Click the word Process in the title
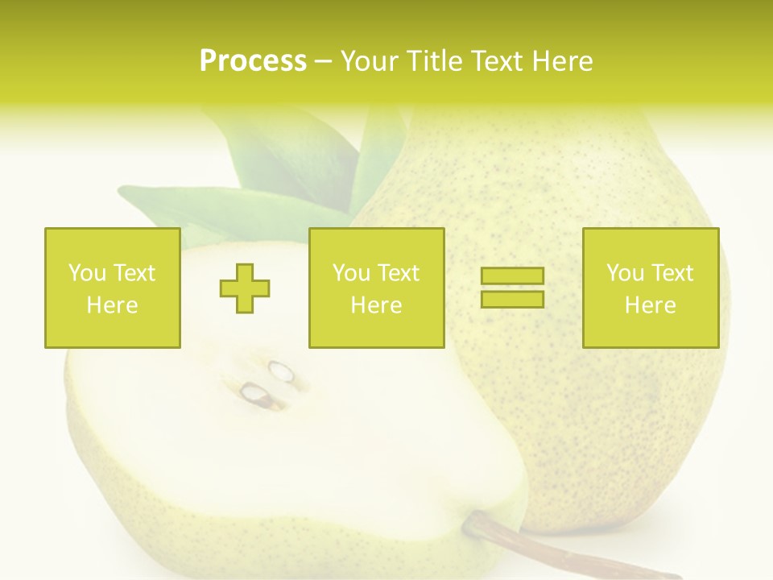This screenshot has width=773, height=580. (253, 61)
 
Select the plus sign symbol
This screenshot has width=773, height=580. (245, 288)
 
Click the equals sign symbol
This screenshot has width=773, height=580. (512, 288)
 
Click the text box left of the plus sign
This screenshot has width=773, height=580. (112, 288)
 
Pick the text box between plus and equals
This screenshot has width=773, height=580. (376, 288)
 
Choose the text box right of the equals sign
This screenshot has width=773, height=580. (650, 288)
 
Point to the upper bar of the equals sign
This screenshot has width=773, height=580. (512, 276)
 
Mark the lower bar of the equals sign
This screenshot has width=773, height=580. (512, 299)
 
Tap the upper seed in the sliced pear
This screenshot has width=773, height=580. (282, 371)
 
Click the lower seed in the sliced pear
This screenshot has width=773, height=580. (255, 393)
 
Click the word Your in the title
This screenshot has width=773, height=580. (371, 61)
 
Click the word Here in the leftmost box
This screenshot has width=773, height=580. (112, 305)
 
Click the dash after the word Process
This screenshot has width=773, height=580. (323, 61)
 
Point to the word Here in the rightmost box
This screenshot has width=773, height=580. (650, 305)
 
